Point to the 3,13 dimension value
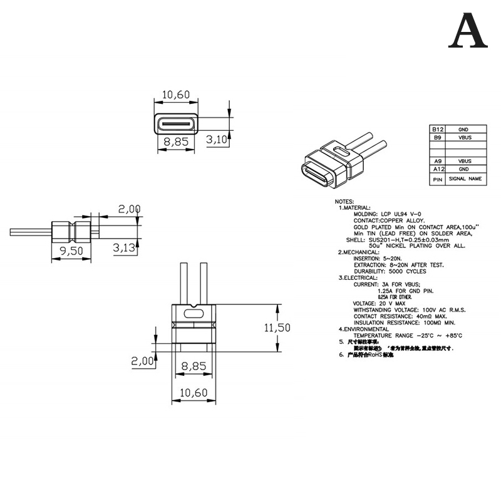[x=125, y=249]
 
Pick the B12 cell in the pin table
[x=437, y=129]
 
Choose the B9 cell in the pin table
[x=437, y=137]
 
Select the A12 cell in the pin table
[x=437, y=168]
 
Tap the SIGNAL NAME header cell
[x=465, y=179]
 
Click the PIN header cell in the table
[x=437, y=179]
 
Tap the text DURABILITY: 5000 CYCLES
[x=390, y=271]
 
